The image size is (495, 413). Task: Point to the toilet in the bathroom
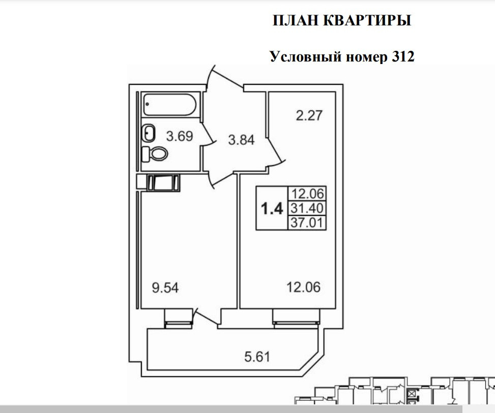click(x=155, y=153)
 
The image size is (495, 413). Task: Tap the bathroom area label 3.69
click(x=180, y=136)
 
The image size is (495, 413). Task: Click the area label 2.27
click(x=309, y=116)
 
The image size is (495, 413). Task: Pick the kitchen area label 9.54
click(x=165, y=288)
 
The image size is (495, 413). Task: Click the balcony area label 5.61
click(x=257, y=356)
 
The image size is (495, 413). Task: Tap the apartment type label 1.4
click(x=272, y=209)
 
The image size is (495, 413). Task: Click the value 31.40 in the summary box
click(x=307, y=208)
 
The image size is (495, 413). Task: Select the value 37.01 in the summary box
click(x=307, y=223)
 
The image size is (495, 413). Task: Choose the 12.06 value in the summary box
click(x=307, y=194)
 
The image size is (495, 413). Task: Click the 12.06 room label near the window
click(x=303, y=288)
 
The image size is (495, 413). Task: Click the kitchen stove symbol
click(x=163, y=182)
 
